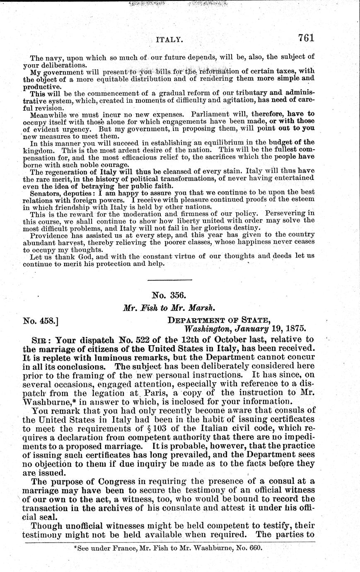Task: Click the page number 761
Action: point(306,38)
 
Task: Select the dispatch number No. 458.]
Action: point(41,320)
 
